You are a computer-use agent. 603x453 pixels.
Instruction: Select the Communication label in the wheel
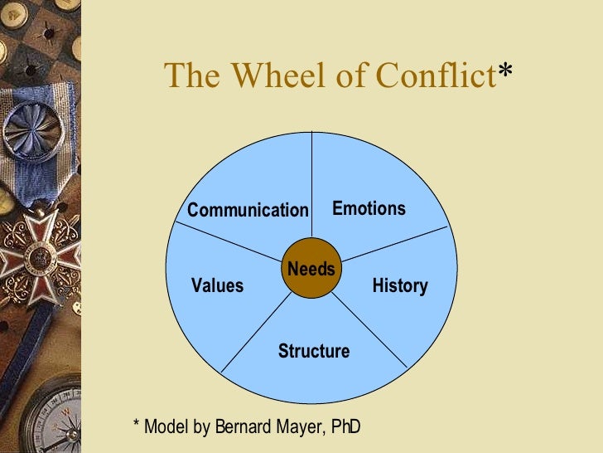pyautogui.click(x=247, y=210)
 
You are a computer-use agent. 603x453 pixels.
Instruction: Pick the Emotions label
pyautogui.click(x=369, y=208)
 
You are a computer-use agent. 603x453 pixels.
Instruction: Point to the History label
pyautogui.click(x=399, y=286)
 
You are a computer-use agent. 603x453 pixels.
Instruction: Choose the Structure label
pyautogui.click(x=313, y=351)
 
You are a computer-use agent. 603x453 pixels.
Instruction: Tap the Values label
pyautogui.click(x=217, y=286)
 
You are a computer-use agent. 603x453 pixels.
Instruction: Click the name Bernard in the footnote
pyautogui.click(x=245, y=427)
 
